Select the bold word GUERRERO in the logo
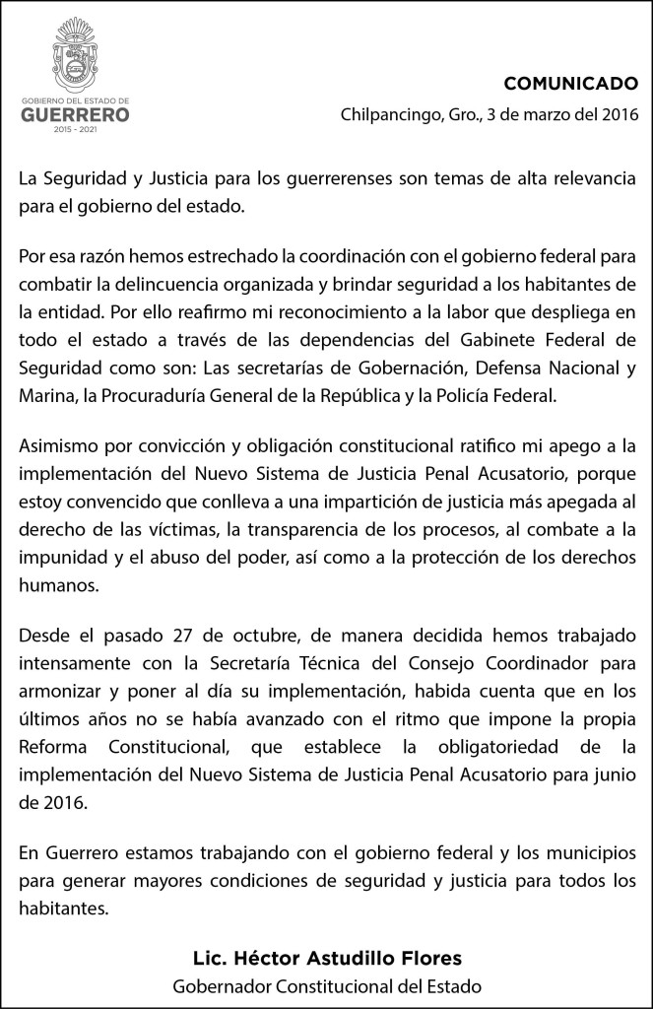pyautogui.click(x=76, y=114)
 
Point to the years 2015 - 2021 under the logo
pyautogui.click(x=76, y=131)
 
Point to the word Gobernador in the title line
pyautogui.click(x=218, y=985)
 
